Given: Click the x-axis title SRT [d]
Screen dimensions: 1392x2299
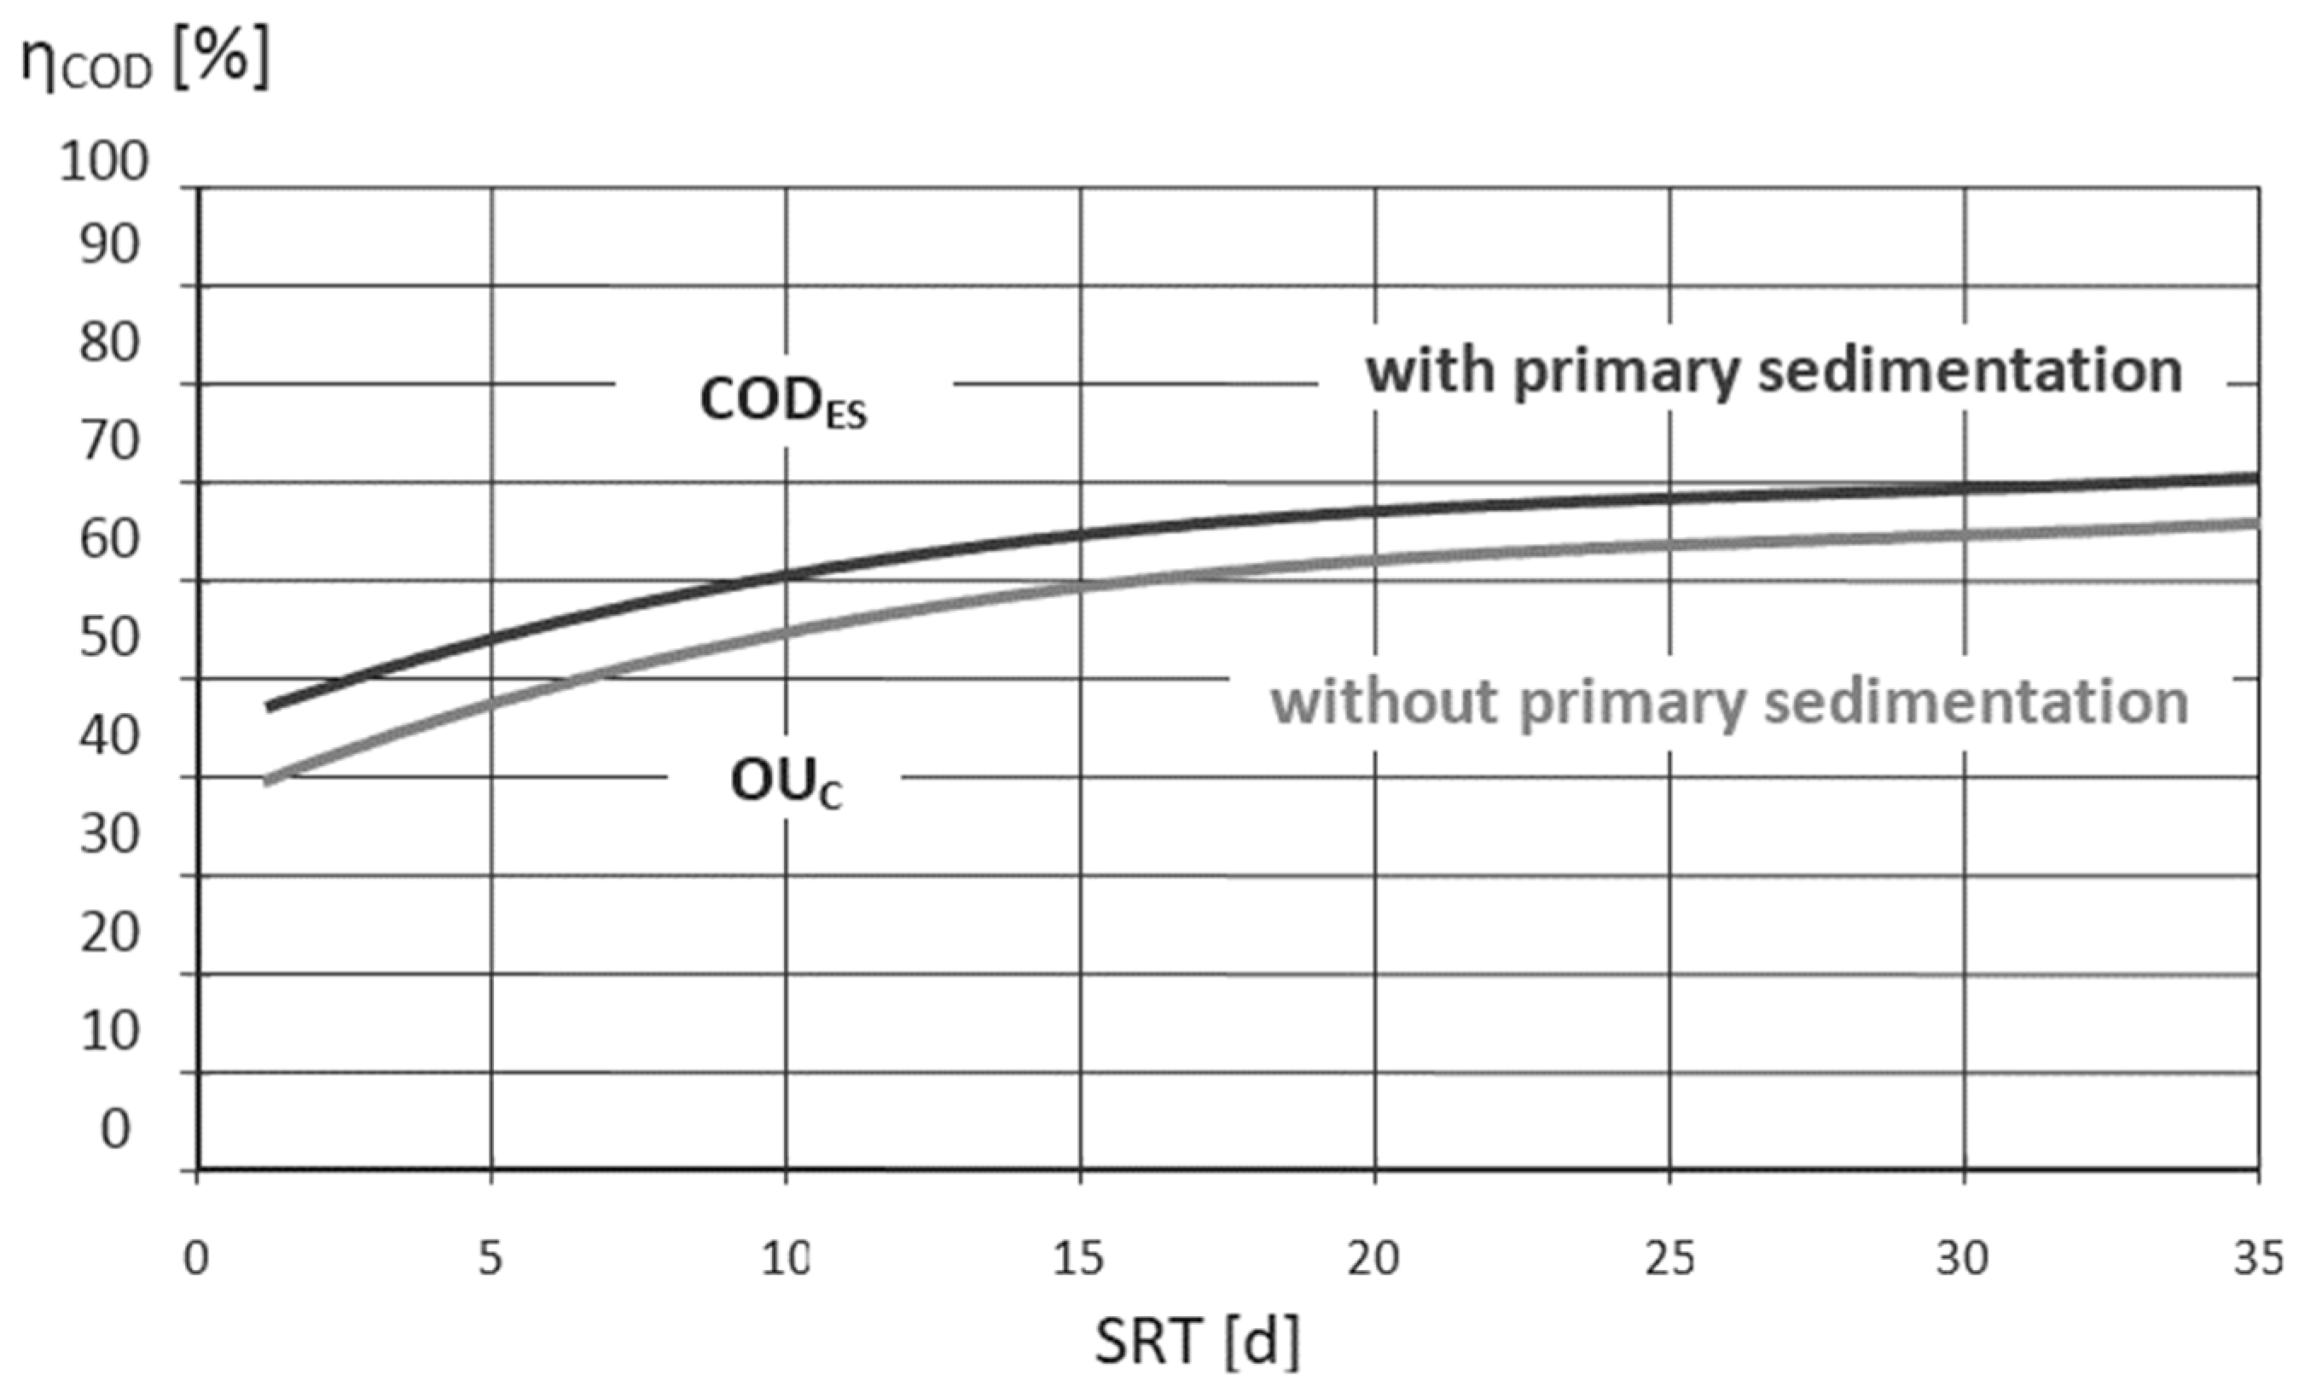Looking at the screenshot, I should tap(1197, 1342).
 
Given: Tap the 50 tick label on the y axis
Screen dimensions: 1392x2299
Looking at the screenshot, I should tap(109, 638).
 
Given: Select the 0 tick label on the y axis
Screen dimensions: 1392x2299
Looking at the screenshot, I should tap(115, 1129).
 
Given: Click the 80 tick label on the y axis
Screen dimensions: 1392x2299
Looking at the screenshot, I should tap(109, 344).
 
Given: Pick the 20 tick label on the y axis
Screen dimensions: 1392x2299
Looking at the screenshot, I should tap(109, 932).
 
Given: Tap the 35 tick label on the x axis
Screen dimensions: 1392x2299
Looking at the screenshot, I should tap(2258, 1259).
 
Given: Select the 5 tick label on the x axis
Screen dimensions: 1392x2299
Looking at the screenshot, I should tap(490, 1259).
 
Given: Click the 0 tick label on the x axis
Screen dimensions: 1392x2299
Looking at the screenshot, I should tap(196, 1259).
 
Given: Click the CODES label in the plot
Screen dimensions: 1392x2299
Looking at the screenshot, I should tap(783, 403).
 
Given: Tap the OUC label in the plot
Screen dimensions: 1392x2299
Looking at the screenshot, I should tap(786, 783).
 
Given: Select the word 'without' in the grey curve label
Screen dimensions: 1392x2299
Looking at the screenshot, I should tap(1385, 702).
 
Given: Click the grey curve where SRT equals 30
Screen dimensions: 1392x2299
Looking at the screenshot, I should tap(1965, 535).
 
